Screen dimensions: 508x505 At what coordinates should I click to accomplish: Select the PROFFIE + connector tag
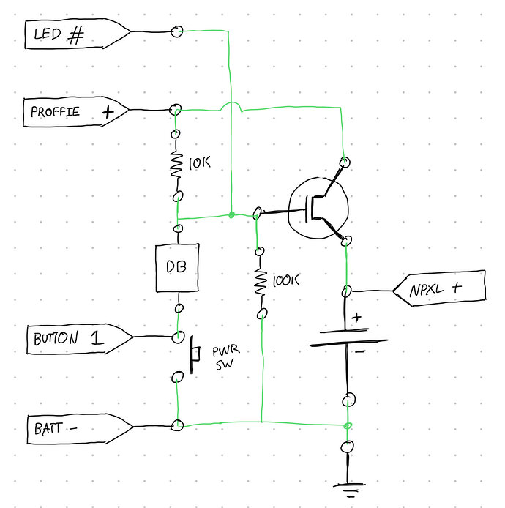[73, 112]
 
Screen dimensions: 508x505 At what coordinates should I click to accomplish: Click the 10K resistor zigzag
[176, 166]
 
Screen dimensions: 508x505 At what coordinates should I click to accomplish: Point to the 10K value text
[199, 163]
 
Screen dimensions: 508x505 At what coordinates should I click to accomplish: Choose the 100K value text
[287, 280]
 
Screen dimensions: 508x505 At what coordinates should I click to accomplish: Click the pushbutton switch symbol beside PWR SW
[195, 354]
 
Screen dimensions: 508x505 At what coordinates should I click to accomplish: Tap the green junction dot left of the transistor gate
[231, 215]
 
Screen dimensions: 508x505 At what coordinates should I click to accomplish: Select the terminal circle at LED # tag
[176, 31]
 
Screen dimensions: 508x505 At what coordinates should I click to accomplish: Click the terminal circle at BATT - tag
[176, 425]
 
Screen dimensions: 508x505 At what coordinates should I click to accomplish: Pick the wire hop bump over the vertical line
[231, 108]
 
